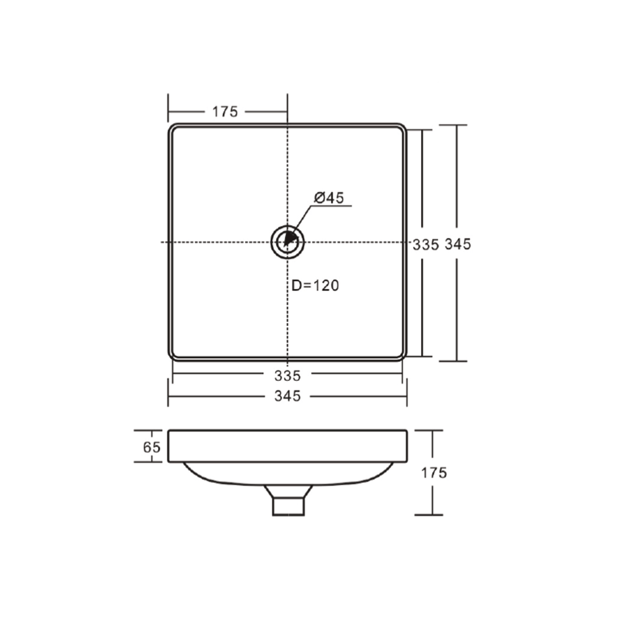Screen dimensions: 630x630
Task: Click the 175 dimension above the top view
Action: tap(225, 111)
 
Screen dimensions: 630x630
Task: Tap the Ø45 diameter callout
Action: tap(328, 198)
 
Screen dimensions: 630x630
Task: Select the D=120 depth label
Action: tap(316, 285)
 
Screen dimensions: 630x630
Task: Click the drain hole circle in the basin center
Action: tap(287, 241)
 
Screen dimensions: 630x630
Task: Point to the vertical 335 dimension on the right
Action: tap(425, 244)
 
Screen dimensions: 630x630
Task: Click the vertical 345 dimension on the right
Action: tap(458, 244)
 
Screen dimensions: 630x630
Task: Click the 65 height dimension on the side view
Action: tap(152, 447)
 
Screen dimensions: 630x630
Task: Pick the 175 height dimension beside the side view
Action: tap(434, 473)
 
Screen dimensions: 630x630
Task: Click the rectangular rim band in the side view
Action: tap(287, 446)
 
